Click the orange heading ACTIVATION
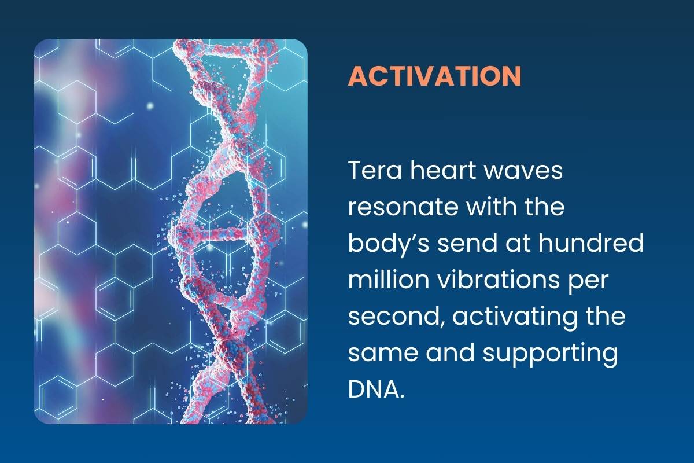435,76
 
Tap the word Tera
375,171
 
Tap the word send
468,242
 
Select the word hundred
591,242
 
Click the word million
389,279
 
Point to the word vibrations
499,279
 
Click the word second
397,317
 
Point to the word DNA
376,388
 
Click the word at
518,244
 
